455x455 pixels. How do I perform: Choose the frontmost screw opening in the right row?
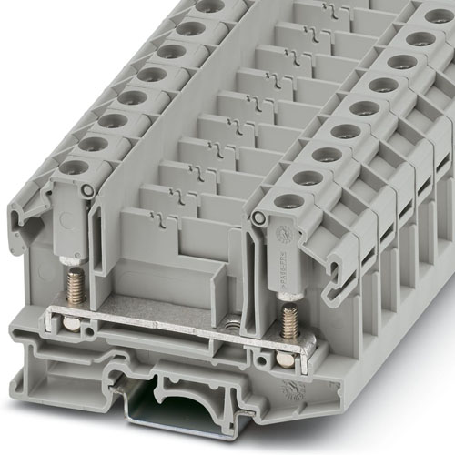pos(291,201)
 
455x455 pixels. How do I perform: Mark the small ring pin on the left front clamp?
pos(86,189)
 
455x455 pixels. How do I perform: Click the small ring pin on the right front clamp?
pos(258,218)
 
